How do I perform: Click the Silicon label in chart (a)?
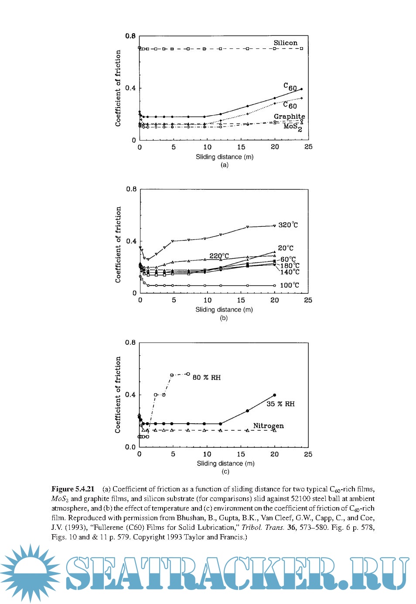[285, 43]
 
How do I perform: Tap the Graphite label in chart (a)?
[289, 117]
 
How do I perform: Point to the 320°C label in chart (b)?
[288, 225]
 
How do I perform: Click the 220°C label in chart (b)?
[219, 256]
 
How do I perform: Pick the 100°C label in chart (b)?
[290, 285]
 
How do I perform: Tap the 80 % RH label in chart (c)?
[207, 377]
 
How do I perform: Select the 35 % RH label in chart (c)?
[280, 404]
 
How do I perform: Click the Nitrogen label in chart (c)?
[268, 426]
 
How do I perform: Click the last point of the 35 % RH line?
[274, 395]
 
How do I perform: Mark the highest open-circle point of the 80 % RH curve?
[188, 374]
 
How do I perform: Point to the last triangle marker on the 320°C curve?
[274, 226]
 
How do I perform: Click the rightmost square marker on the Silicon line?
[301, 48]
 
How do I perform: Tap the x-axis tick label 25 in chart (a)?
[308, 147]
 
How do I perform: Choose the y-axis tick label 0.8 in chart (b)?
[131, 189]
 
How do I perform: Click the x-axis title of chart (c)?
[225, 463]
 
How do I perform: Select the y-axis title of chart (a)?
[118, 88]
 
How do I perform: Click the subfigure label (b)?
[224, 318]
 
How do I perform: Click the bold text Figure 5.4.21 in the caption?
[73, 489]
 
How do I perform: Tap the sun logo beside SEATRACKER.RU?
[30, 572]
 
